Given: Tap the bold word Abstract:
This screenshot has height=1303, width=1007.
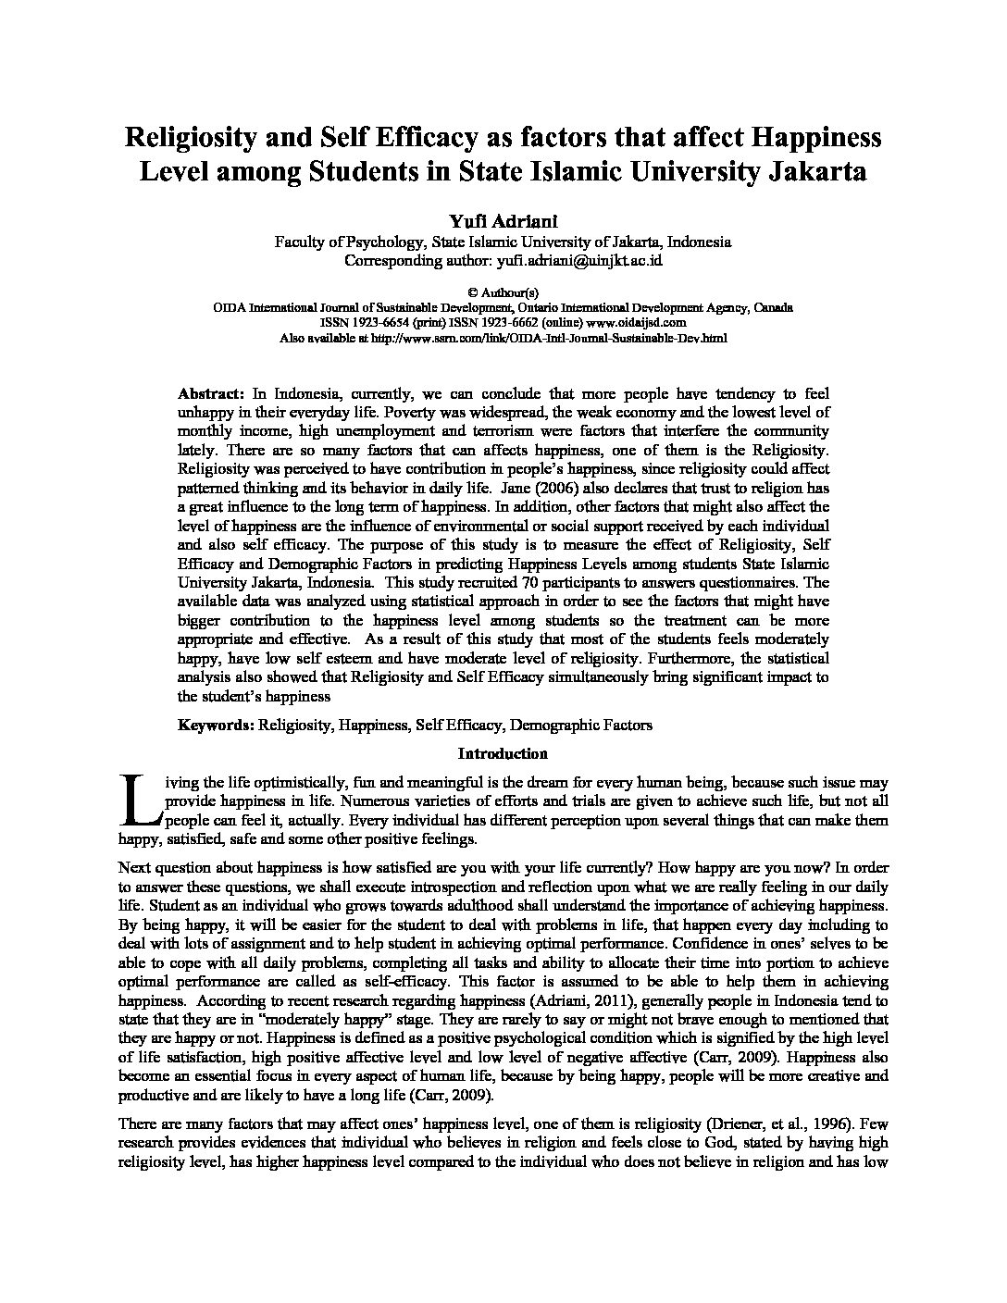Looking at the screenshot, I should tap(211, 392).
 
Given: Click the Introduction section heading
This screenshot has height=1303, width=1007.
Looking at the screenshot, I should tap(503, 754).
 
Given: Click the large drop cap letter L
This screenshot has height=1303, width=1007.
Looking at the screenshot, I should tap(141, 799).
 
